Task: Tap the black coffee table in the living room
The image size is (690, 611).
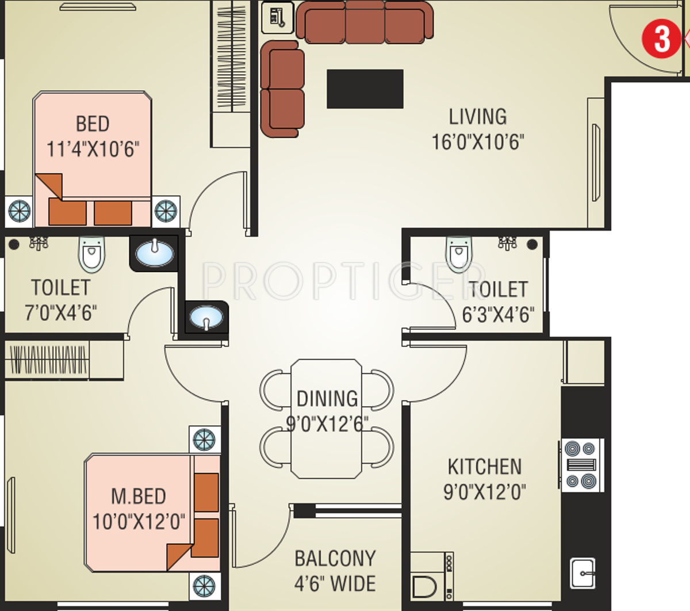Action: [x=365, y=89]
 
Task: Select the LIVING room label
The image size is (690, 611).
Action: [x=478, y=117]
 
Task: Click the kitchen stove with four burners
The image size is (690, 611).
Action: [x=581, y=465]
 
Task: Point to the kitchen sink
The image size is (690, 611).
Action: [x=582, y=573]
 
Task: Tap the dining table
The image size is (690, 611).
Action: [x=326, y=418]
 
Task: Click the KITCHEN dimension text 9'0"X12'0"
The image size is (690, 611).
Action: [x=484, y=492]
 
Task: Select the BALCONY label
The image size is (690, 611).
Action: [x=335, y=559]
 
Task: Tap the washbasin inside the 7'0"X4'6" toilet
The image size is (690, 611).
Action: [x=155, y=253]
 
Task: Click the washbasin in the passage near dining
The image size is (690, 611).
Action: [x=206, y=317]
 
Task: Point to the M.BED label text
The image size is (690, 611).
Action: [x=139, y=496]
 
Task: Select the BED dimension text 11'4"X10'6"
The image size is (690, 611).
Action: [x=93, y=149]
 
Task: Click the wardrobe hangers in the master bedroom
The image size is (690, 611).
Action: [x=48, y=360]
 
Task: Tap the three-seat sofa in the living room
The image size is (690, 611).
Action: [x=365, y=22]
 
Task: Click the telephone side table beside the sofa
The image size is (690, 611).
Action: [x=278, y=18]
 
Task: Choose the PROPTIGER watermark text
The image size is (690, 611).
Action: [x=344, y=281]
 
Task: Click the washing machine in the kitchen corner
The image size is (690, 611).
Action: [x=431, y=576]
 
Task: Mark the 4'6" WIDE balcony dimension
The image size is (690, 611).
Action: [x=335, y=584]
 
